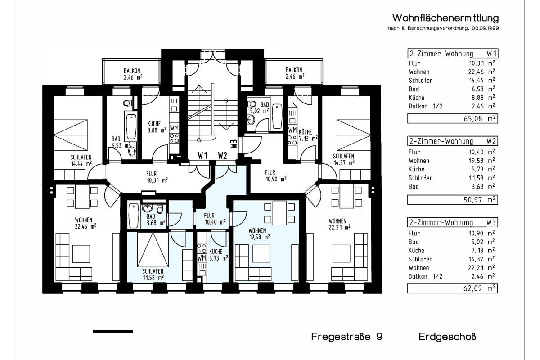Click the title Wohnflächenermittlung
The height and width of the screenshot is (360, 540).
[x=445, y=18]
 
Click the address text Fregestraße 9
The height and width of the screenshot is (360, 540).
[x=346, y=337]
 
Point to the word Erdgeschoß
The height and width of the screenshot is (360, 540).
[x=447, y=337]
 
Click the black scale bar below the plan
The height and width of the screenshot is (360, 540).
[x=112, y=332]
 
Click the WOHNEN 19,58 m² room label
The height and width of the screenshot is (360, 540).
[x=259, y=233]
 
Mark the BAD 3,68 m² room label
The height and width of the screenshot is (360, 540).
[x=156, y=219]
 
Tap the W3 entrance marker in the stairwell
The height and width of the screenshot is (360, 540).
[x=233, y=144]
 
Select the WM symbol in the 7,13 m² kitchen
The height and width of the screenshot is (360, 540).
[x=292, y=130]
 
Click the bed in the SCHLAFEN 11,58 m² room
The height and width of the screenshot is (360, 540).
[x=153, y=250]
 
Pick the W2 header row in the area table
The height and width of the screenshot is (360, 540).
[x=452, y=141]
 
